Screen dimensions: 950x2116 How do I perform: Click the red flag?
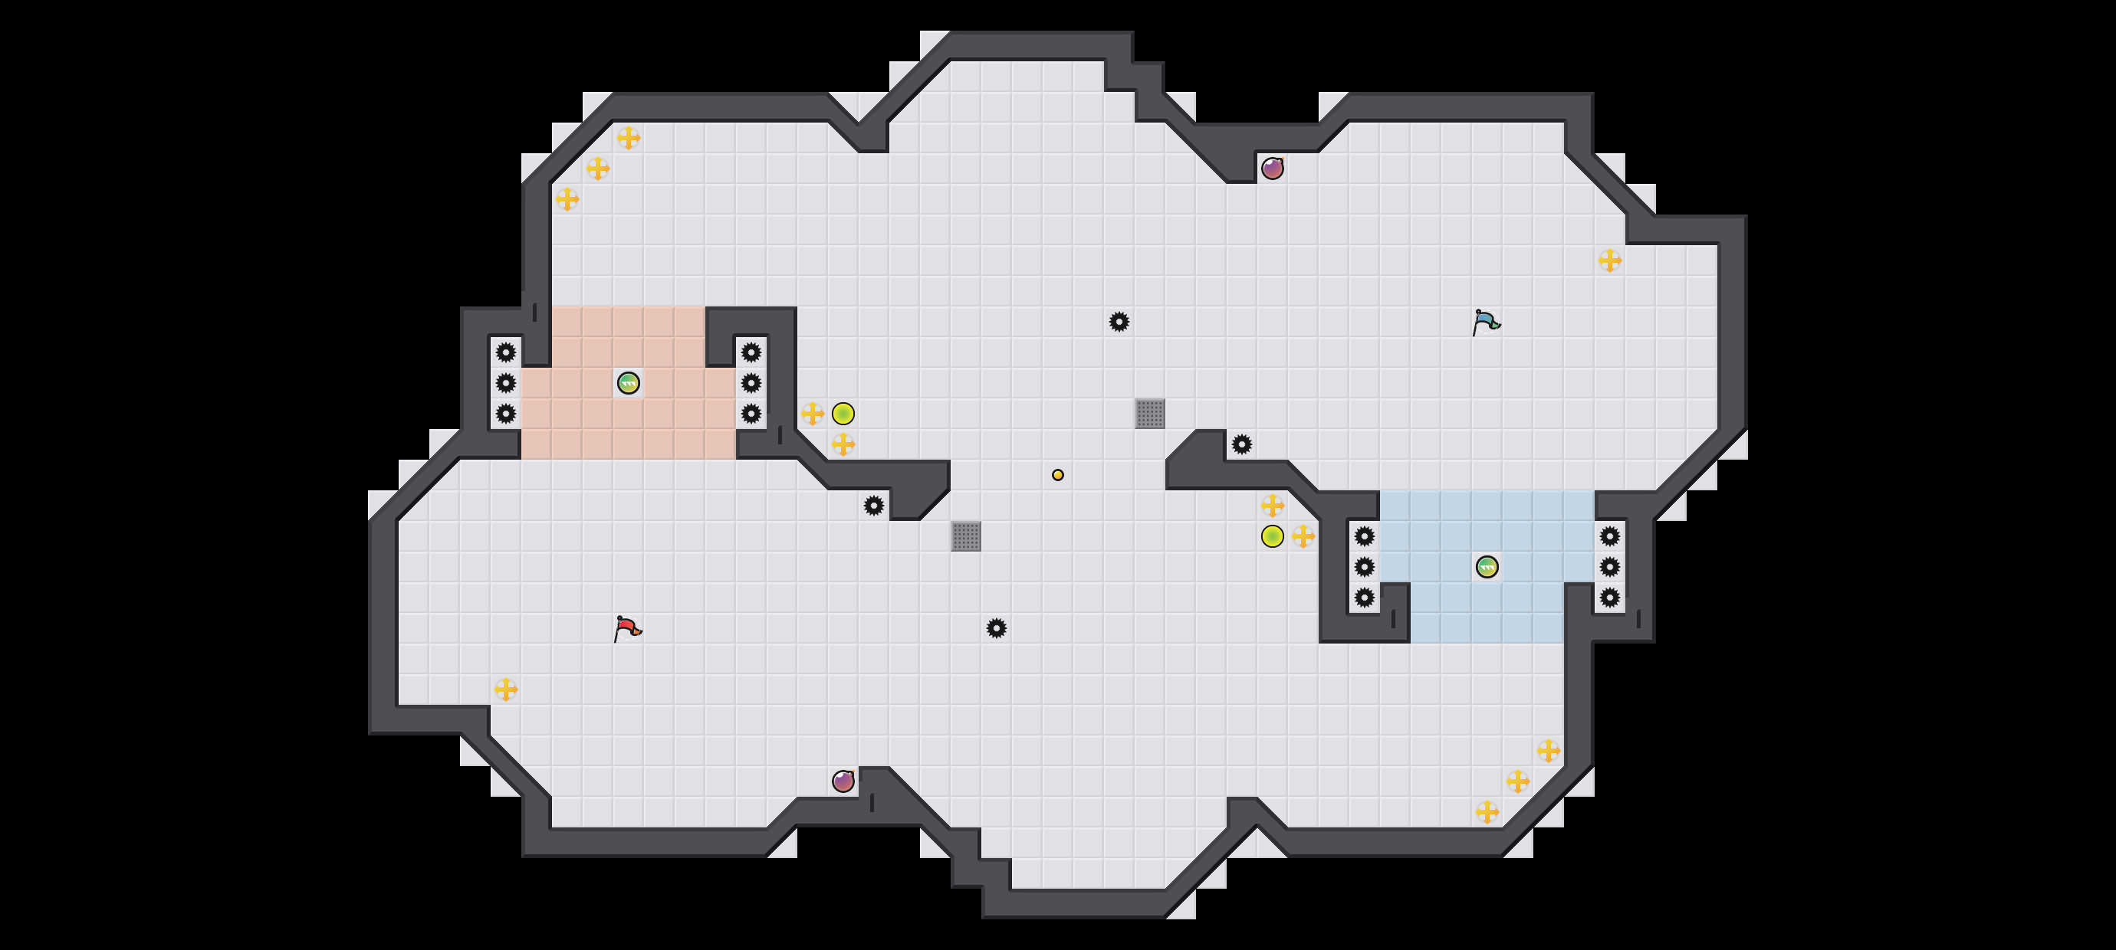coord(628,629)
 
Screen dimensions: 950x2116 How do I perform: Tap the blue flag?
coord(1486,322)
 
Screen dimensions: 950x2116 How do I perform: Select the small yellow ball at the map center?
coord(1058,474)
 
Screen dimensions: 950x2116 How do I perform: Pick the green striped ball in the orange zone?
coord(629,382)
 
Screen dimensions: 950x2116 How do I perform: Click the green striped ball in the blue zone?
coord(1487,566)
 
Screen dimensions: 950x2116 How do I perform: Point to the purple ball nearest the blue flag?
coord(1273,169)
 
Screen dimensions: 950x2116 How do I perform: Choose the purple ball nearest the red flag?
coord(843,781)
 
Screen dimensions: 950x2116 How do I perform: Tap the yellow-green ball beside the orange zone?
coord(843,413)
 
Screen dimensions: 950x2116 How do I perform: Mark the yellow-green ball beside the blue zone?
coord(1273,536)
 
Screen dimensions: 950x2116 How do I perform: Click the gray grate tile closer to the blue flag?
coord(1150,413)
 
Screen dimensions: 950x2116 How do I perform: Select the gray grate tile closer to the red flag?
coord(966,536)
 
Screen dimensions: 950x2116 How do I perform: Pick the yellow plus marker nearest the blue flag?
coord(1610,260)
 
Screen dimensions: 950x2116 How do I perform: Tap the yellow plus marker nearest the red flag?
coord(506,689)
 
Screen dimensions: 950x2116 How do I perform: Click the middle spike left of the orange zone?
coord(506,382)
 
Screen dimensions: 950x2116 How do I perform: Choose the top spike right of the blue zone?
coord(1610,536)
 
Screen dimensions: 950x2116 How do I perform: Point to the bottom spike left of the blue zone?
coord(1365,597)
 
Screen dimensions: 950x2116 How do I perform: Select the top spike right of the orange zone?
coord(751,352)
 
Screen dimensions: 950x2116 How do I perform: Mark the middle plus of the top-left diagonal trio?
coord(598,169)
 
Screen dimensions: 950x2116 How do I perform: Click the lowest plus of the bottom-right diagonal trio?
coord(1487,812)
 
